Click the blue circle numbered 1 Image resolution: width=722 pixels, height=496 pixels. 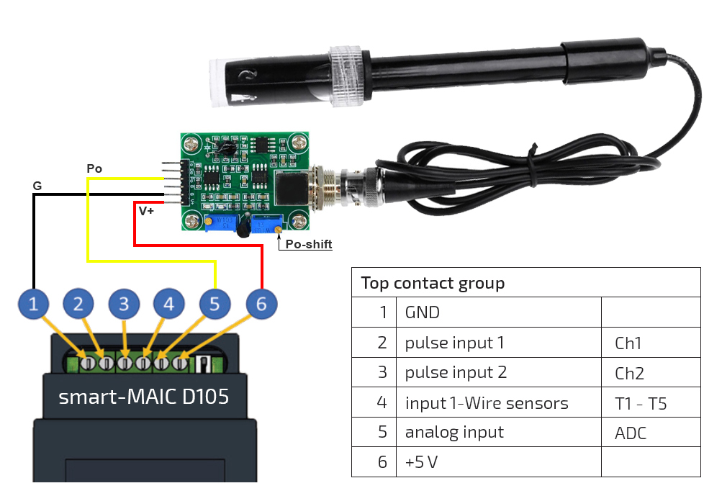(33, 305)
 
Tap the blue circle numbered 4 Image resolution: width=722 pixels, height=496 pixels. (168, 305)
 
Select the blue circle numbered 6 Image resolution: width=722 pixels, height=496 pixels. (261, 305)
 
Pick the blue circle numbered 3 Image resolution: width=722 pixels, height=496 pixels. (124, 305)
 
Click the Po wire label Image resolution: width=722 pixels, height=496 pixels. (94, 168)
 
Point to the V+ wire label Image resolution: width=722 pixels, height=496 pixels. (146, 211)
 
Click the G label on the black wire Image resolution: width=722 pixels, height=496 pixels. (37, 186)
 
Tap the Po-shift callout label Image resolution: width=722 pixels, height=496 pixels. (309, 244)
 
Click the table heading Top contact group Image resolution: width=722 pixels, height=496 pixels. (433, 283)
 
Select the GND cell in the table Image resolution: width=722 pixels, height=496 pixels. (423, 312)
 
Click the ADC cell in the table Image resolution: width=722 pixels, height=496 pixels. (631, 433)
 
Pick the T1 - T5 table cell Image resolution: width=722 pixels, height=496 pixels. (641, 403)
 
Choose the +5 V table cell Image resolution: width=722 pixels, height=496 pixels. (421, 462)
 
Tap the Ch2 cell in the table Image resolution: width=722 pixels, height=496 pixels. (629, 373)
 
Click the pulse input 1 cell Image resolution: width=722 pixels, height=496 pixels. (454, 343)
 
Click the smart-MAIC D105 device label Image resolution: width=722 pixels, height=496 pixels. (144, 397)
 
